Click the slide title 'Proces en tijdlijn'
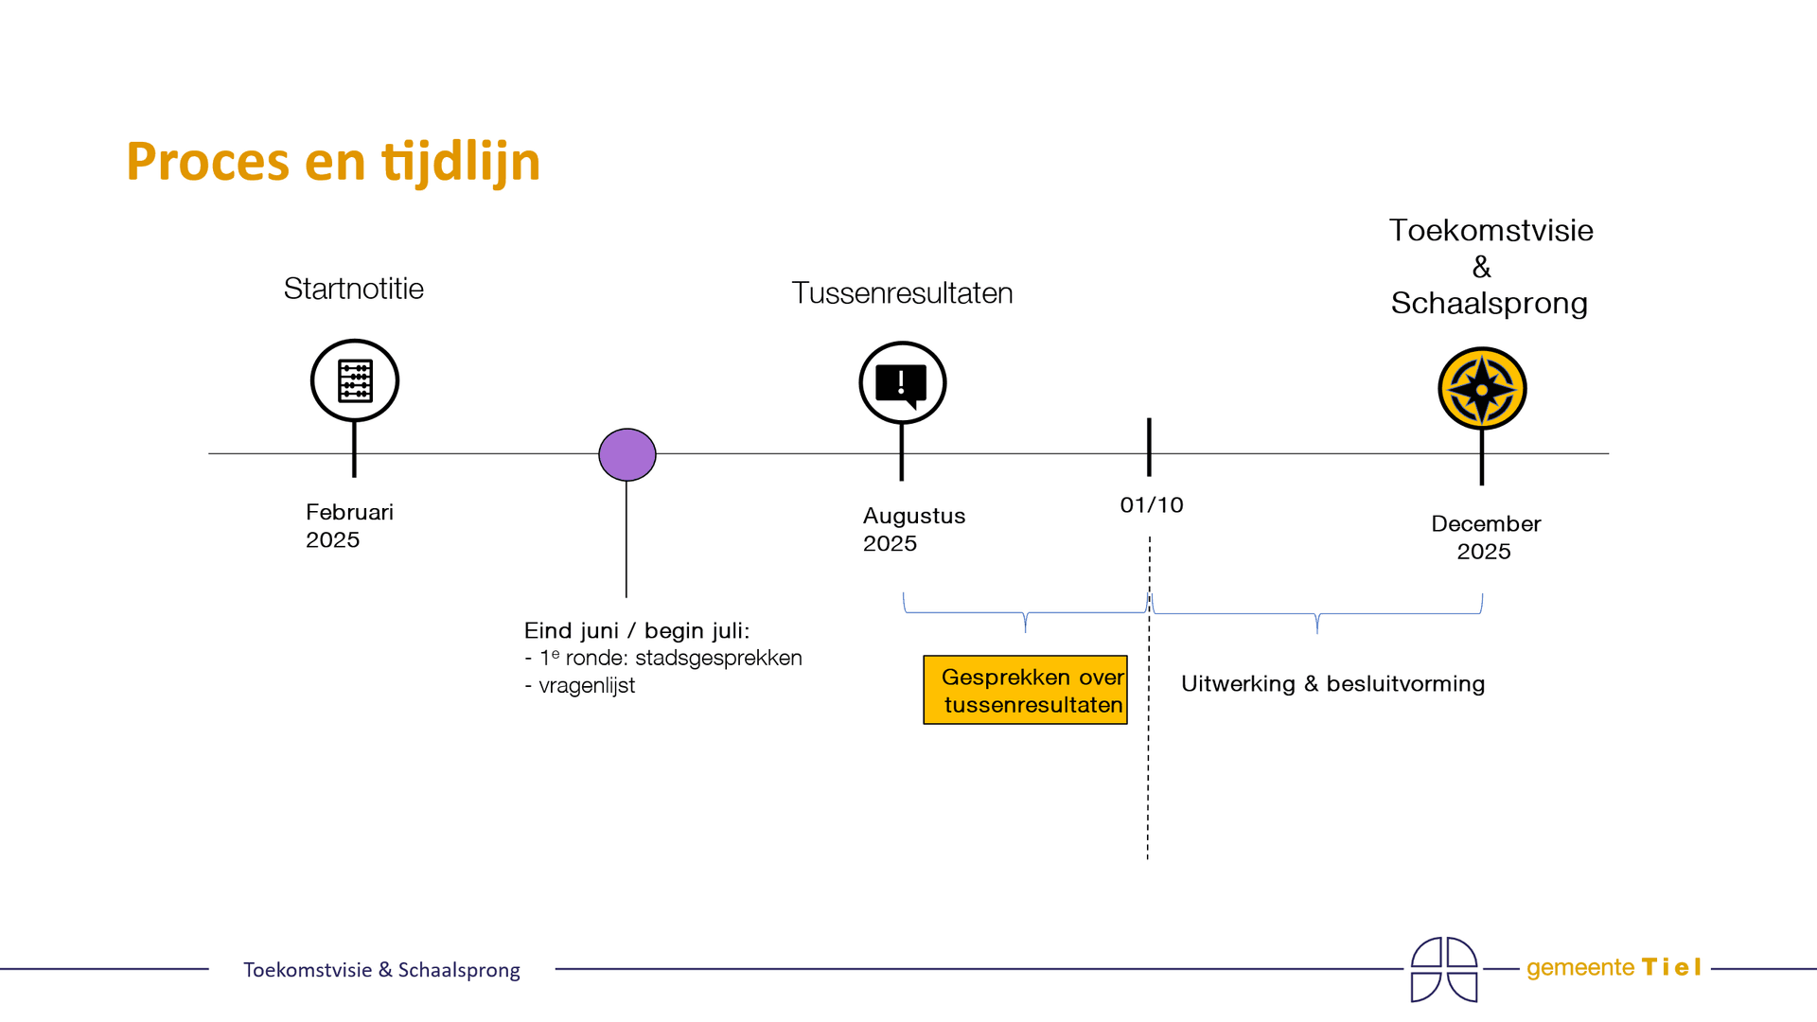coord(333,161)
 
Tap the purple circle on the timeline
coord(627,454)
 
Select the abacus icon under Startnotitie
coord(355,380)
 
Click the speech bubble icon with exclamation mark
coord(902,383)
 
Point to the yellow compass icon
coord(1482,389)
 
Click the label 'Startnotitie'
coord(353,289)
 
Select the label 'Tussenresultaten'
coord(902,293)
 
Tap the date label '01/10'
coord(1152,505)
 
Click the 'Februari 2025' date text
coord(349,525)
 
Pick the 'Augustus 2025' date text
coord(913,529)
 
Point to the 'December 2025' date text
coord(1485,537)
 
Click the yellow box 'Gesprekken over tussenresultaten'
coord(1025,690)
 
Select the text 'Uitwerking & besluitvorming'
coord(1332,683)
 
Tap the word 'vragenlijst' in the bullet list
coord(587,685)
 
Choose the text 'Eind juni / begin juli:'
coord(636,630)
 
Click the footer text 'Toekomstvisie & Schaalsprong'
coord(381,969)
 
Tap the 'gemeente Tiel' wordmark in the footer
coord(1614,967)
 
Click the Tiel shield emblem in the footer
coord(1443,969)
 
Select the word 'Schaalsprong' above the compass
coord(1489,304)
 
